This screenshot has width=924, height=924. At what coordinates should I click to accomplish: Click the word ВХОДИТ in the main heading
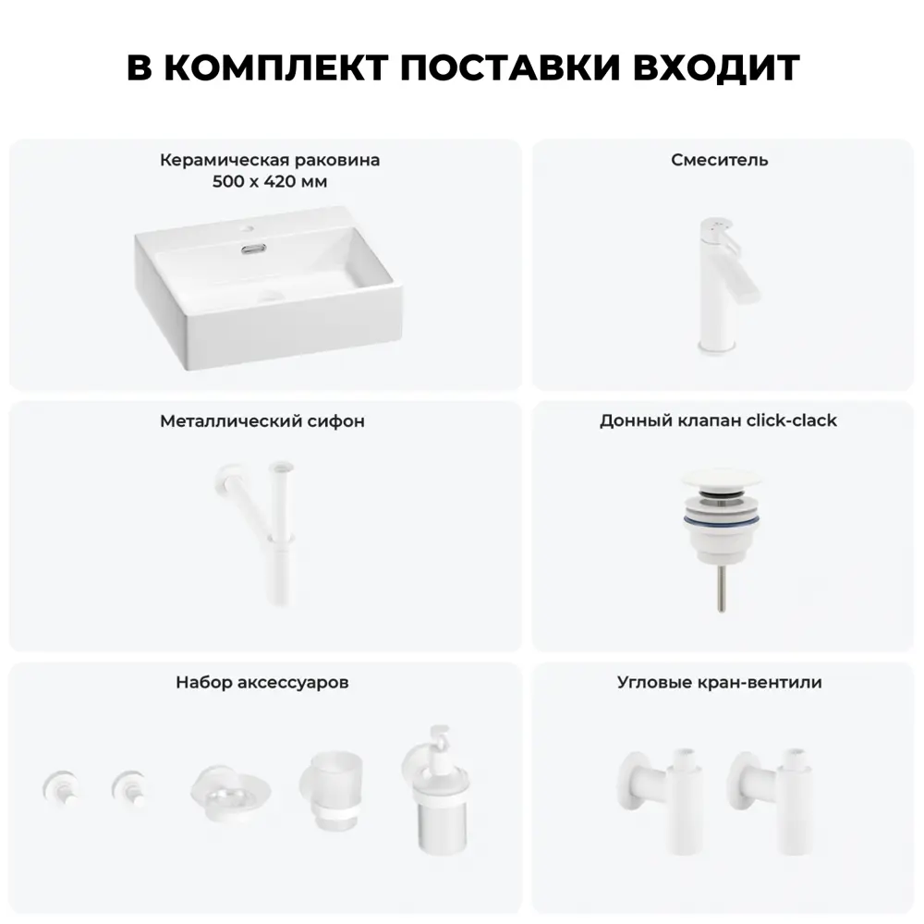[x=716, y=67]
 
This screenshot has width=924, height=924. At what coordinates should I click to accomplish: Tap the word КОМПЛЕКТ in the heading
[x=275, y=67]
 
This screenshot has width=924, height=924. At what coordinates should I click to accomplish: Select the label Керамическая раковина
[x=270, y=160]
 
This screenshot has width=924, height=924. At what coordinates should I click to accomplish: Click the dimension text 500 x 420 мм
[x=270, y=181]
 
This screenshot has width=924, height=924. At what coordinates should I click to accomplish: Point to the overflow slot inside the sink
[x=253, y=249]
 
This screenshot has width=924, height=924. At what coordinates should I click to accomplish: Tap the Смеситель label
[x=720, y=160]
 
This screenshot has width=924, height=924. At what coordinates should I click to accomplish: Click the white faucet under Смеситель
[x=723, y=286]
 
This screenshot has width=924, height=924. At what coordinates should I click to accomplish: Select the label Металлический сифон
[x=262, y=420]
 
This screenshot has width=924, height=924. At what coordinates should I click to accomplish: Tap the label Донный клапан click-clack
[x=718, y=420]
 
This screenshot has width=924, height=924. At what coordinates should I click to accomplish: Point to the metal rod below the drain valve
[x=722, y=589]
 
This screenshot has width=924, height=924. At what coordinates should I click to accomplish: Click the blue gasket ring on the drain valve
[x=722, y=519]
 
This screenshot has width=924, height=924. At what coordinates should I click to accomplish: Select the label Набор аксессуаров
[x=262, y=683]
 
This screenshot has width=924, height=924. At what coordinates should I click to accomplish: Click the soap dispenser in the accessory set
[x=437, y=790]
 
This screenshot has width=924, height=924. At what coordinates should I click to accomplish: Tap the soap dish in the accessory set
[x=230, y=792]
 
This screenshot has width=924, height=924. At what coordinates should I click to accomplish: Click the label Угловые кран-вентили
[x=720, y=683]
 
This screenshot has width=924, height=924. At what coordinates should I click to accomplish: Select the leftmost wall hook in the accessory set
[x=61, y=787]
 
